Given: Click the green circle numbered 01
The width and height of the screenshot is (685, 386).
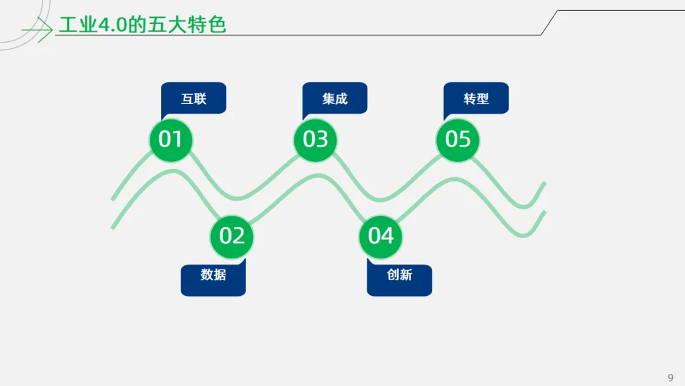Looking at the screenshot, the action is [170, 139].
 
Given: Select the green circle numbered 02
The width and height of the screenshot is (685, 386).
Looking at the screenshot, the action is [232, 236].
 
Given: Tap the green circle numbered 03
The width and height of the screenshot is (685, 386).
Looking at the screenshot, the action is [315, 139].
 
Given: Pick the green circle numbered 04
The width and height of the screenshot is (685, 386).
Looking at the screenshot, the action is [381, 236].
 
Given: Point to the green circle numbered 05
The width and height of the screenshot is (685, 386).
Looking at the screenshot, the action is [458, 139].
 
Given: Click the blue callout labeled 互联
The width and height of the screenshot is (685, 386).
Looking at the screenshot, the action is [194, 98].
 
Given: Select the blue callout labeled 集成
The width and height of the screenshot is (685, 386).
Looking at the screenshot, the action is [335, 98].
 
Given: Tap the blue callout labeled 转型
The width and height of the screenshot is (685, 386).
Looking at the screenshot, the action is [476, 98].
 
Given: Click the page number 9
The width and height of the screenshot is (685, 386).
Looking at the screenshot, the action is [670, 378].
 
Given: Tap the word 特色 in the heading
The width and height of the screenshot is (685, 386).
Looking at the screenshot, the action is [207, 25].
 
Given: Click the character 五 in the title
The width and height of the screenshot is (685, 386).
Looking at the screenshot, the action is [155, 25].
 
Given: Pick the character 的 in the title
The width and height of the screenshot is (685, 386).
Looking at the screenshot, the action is [136, 25].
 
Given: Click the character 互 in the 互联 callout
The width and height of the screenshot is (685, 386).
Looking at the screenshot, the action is [187, 98].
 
